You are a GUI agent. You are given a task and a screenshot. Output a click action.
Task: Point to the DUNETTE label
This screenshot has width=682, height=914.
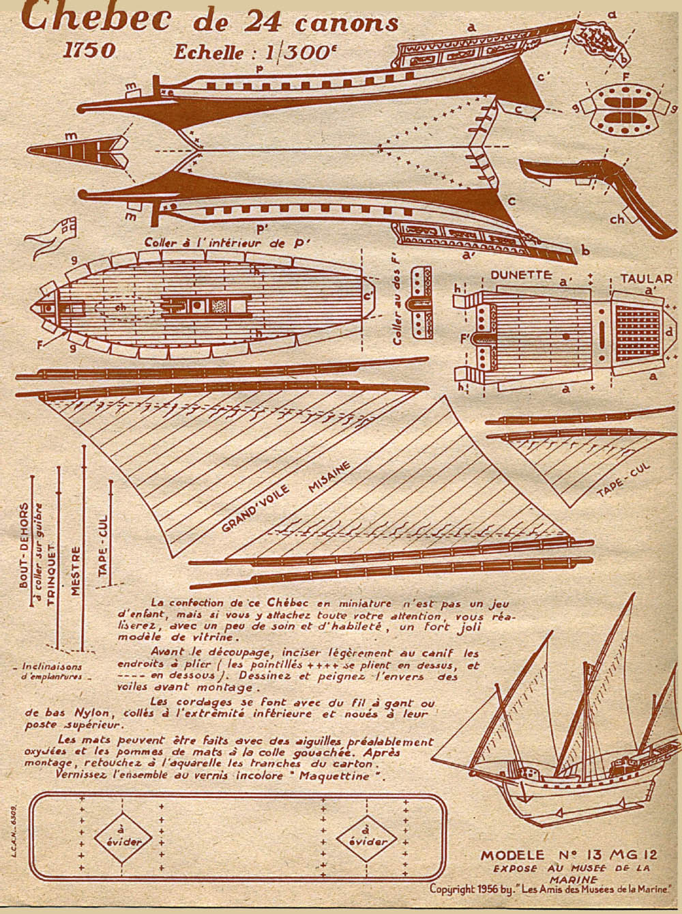pyautogui.click(x=520, y=276)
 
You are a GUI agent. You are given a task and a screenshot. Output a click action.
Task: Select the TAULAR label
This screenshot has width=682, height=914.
pyautogui.click(x=647, y=278)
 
